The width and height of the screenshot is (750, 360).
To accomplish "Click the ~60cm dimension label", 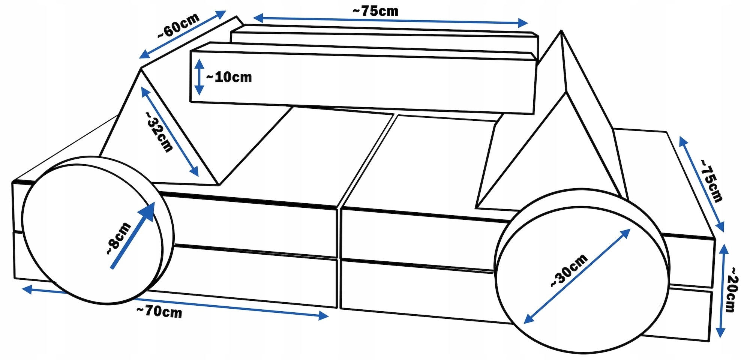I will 178,25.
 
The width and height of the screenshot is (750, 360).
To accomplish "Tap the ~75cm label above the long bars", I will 375,11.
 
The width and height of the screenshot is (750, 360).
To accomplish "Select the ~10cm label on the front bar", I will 229,77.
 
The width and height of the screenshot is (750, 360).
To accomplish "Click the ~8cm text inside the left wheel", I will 118,239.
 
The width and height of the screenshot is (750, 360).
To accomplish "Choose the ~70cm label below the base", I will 159,312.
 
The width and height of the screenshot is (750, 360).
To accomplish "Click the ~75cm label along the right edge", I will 711,180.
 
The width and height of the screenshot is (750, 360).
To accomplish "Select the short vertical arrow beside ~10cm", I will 199,77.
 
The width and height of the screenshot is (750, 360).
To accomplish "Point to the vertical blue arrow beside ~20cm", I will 722,291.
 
